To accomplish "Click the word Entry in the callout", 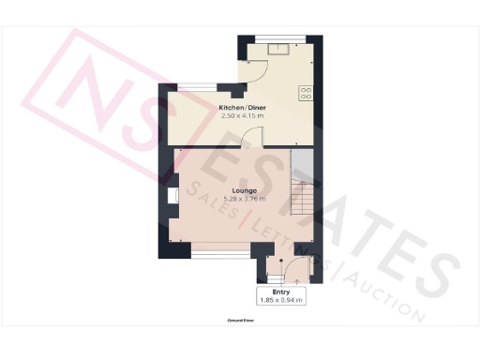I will click(281, 292).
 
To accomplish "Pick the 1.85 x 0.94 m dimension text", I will click(281, 300).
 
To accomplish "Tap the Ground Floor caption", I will click(241, 320).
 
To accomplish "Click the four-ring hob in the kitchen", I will click(306, 92).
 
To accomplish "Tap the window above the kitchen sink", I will click(280, 38).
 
